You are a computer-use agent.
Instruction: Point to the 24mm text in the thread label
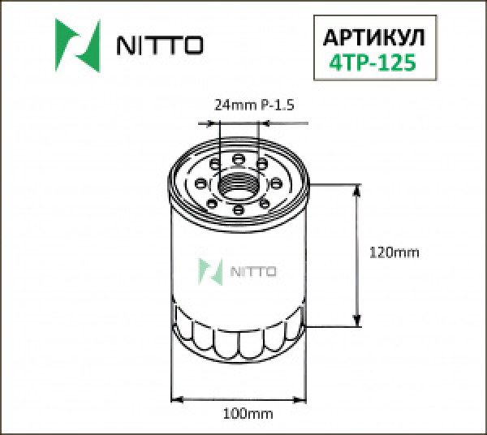[x=230, y=105]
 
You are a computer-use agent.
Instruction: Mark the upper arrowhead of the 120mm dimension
[x=357, y=192]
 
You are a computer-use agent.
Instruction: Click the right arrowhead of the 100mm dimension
[x=304, y=399]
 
